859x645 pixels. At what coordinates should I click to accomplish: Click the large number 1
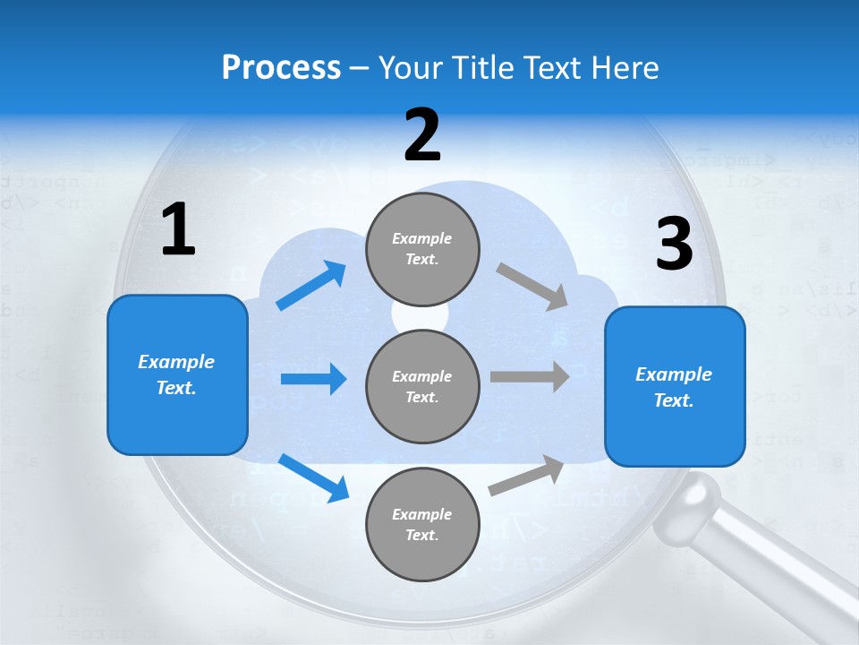pyautogui.click(x=178, y=229)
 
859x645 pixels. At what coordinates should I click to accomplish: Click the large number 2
pyautogui.click(x=422, y=135)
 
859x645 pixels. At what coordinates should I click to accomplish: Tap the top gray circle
pyautogui.click(x=422, y=248)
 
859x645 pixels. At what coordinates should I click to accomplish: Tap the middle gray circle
pyautogui.click(x=422, y=386)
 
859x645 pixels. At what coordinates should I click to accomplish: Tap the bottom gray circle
pyautogui.click(x=422, y=524)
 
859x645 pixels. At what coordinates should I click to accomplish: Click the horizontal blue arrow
pyautogui.click(x=313, y=379)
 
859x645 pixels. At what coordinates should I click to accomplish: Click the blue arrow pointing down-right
pyautogui.click(x=313, y=477)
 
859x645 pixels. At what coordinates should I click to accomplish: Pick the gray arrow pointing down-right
pyautogui.click(x=532, y=286)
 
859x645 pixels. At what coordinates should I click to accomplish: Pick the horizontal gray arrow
pyautogui.click(x=530, y=376)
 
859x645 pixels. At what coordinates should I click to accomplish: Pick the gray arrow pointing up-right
pyautogui.click(x=526, y=476)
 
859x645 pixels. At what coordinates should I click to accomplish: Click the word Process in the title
pyautogui.click(x=281, y=67)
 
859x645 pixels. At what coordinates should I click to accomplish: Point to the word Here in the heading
pyautogui.click(x=627, y=67)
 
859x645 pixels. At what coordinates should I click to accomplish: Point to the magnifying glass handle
pyautogui.click(x=761, y=555)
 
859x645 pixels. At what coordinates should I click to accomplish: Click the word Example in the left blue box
pyautogui.click(x=176, y=362)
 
